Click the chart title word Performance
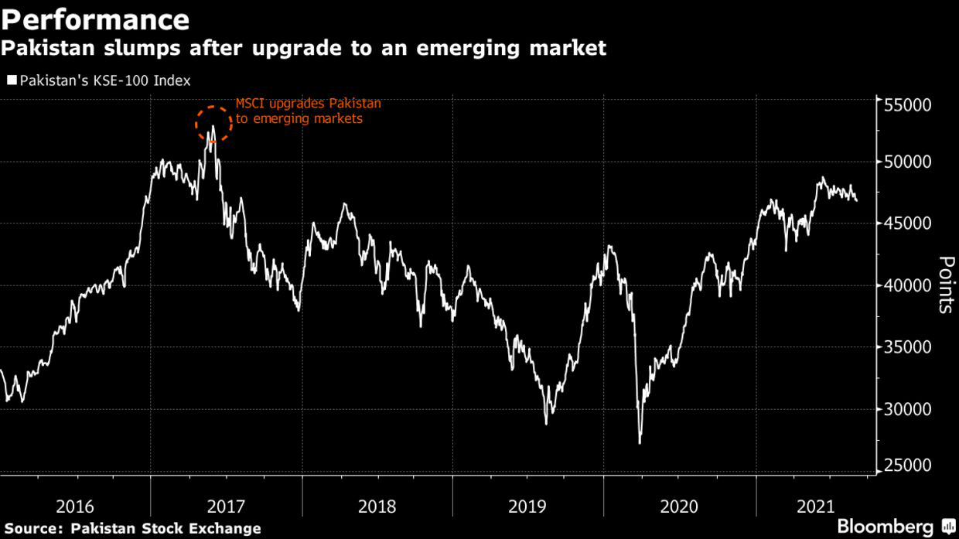tap(95, 19)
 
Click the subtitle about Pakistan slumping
tap(303, 49)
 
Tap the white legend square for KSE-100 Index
tap(12, 80)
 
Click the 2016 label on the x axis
tap(75, 507)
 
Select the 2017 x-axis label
tap(226, 507)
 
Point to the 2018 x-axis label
tap(377, 507)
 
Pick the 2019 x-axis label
tap(527, 507)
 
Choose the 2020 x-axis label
tap(679, 507)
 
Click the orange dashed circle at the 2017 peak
tap(213, 123)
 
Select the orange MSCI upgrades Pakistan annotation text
tap(308, 111)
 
